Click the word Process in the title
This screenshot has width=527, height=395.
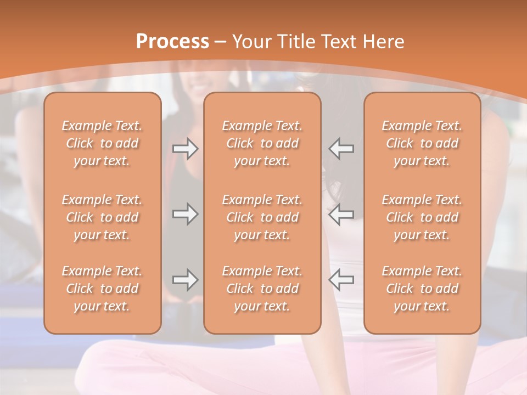click(172, 42)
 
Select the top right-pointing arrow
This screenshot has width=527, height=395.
click(185, 149)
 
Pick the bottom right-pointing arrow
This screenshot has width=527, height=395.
click(185, 280)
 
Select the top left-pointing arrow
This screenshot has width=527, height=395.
click(341, 149)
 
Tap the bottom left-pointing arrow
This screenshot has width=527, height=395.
click(341, 280)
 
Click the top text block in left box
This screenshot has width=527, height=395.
click(102, 143)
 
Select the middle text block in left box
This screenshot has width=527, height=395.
click(102, 217)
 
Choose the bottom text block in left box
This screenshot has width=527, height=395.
click(102, 289)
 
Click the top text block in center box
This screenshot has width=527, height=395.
click(262, 143)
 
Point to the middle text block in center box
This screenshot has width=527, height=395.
click(262, 217)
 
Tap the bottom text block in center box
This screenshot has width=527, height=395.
click(262, 289)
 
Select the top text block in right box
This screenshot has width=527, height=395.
click(422, 143)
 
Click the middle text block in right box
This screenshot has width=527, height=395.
click(422, 217)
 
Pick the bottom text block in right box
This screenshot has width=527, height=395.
click(422, 289)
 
